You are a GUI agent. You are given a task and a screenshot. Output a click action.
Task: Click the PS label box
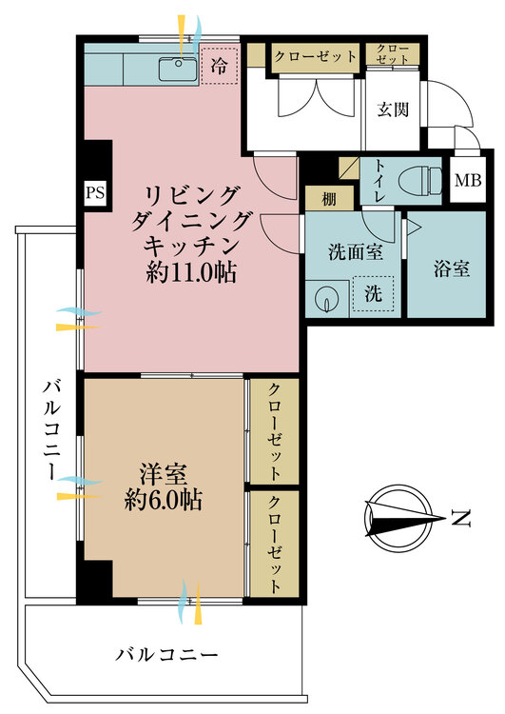[95, 192]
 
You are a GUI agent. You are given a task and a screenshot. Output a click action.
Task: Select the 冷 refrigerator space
[219, 67]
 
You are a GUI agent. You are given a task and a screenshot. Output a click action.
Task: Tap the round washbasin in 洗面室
[327, 298]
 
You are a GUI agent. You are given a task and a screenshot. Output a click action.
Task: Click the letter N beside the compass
[461, 519]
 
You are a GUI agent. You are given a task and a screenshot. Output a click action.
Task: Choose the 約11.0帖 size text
[191, 274]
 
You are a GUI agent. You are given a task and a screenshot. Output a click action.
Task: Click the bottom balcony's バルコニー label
[167, 655]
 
